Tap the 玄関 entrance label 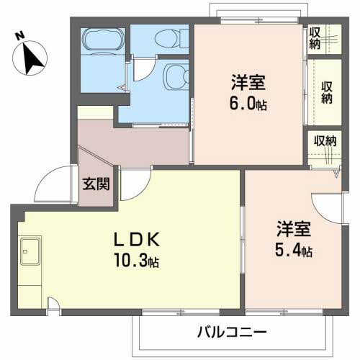coord(96,184)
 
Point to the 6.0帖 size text coord(247,103)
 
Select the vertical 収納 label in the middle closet coord(328,91)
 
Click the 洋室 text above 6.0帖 coord(246,81)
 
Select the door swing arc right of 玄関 coord(132,185)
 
